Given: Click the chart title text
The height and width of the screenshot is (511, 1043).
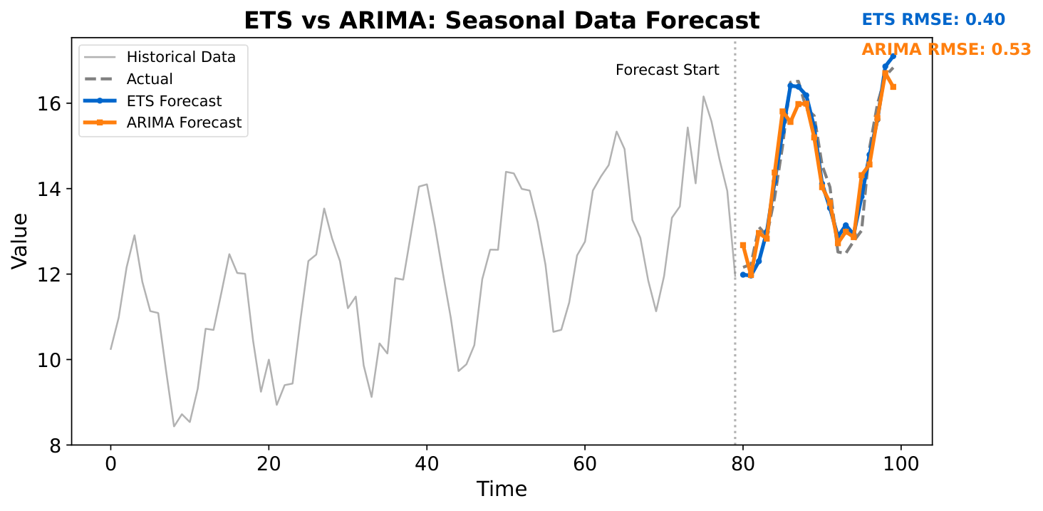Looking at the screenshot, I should coord(502,21).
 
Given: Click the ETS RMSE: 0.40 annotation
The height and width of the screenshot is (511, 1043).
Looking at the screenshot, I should coord(933,19).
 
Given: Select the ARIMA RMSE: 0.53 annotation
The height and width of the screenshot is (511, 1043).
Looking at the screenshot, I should coord(946,49).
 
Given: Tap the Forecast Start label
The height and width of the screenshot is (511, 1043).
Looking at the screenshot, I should coord(667,70).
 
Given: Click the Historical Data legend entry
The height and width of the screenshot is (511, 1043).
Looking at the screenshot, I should coord(181,56).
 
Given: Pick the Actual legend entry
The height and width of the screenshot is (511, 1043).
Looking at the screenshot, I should coord(150,79).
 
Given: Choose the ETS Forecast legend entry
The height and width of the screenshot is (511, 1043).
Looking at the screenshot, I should coord(174,101).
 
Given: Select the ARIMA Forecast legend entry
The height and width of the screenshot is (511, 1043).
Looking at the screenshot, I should coord(184,123).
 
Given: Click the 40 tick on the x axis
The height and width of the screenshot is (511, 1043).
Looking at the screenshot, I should coord(427,462).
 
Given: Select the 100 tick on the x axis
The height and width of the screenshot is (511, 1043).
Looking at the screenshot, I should coord(901,462).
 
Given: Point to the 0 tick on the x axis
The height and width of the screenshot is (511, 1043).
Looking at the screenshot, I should coord(110,462).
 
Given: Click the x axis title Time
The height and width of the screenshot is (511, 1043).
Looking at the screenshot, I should coord(502,489).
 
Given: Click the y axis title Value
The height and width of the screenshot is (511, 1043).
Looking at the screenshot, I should coord(21,241).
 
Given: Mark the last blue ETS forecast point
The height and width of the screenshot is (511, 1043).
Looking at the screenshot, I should coord(893,56).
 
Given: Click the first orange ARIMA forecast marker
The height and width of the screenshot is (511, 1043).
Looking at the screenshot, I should coord(743,245).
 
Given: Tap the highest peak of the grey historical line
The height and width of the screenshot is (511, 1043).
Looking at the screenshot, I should coord(703,96).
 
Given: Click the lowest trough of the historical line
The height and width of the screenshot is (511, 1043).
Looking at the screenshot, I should coord(174,426).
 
